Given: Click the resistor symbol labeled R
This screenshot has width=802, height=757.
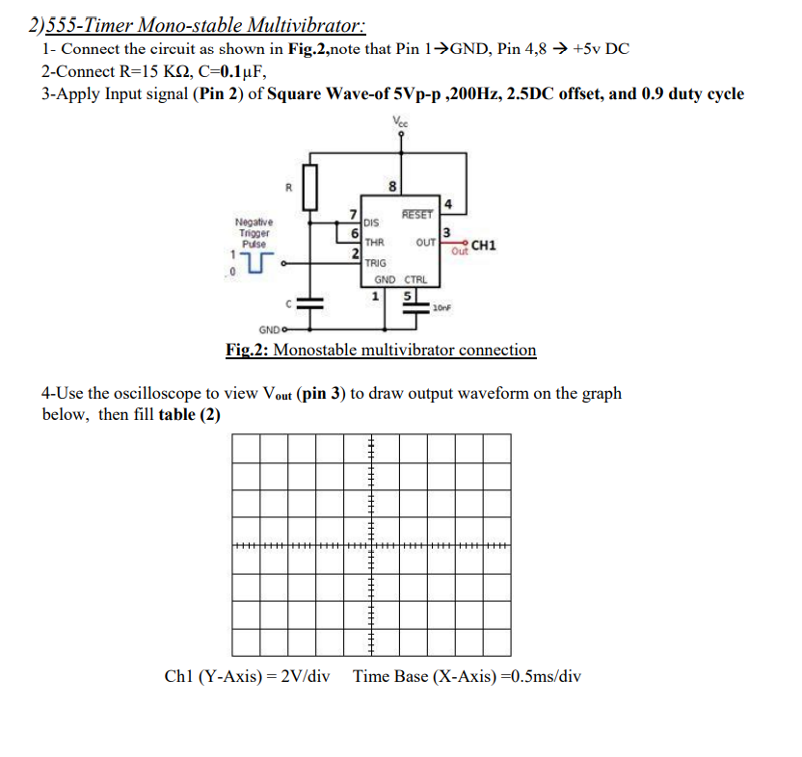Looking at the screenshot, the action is [309, 186].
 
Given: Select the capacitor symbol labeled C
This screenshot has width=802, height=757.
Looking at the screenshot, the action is [309, 300].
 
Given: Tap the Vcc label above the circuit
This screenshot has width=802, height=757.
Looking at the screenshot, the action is [400, 121].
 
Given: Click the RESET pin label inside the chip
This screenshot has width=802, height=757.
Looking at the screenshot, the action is [417, 214].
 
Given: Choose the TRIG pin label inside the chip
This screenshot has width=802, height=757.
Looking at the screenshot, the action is [376, 263].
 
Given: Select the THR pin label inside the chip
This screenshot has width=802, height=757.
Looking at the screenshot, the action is [375, 243].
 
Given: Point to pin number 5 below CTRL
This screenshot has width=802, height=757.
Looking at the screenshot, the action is [409, 296].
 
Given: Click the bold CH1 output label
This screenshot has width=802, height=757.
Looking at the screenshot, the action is [484, 246].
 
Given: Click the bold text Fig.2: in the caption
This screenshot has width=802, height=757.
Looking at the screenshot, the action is [248, 350].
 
